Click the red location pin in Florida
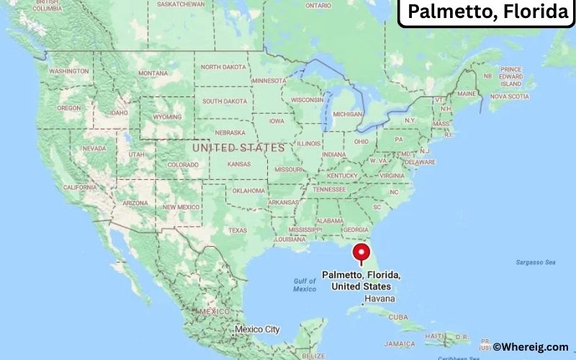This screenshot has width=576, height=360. click(361, 253)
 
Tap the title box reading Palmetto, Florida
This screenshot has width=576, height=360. click(487, 13)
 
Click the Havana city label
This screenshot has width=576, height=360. click(379, 298)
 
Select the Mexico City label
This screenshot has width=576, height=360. click(257, 329)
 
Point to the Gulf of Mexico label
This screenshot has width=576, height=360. click(305, 284)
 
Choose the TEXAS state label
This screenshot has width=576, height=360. click(238, 230)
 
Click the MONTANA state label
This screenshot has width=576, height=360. click(153, 73)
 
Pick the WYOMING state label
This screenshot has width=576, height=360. click(167, 117)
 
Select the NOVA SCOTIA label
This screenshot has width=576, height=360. click(509, 96)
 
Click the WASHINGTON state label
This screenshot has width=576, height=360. click(69, 71)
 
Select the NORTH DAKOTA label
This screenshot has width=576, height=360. click(223, 67)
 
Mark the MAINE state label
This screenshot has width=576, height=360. click(467, 94)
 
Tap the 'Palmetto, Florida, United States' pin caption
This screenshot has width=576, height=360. click(361, 281)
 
